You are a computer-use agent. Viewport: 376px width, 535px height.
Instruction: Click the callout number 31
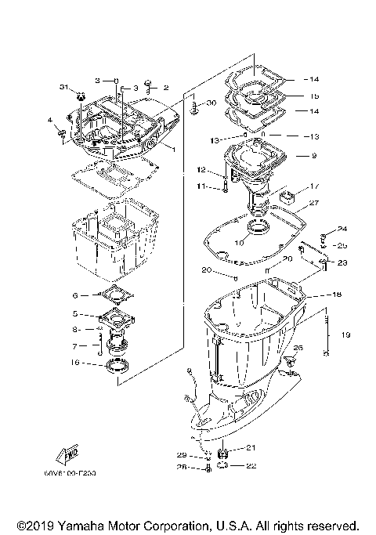(x=65, y=87)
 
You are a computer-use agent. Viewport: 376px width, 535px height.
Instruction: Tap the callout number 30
(x=211, y=103)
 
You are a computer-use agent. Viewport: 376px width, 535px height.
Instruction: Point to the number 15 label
(x=314, y=96)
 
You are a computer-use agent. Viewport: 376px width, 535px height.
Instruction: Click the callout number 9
(x=314, y=156)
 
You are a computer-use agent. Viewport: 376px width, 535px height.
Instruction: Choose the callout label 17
(x=314, y=186)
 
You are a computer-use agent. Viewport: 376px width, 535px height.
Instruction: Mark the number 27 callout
(x=314, y=203)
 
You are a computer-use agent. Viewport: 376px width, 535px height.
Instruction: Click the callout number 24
(x=342, y=230)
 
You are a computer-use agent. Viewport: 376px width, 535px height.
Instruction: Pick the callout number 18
(x=314, y=295)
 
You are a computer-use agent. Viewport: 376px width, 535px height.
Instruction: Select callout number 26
(x=297, y=348)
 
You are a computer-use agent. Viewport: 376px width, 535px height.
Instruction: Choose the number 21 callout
(x=251, y=448)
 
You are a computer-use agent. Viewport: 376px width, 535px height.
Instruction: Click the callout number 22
(x=251, y=467)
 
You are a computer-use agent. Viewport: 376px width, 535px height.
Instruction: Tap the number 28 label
(x=182, y=469)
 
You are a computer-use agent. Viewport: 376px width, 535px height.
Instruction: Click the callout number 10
(x=240, y=244)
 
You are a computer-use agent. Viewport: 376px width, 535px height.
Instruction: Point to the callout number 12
(x=201, y=170)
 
